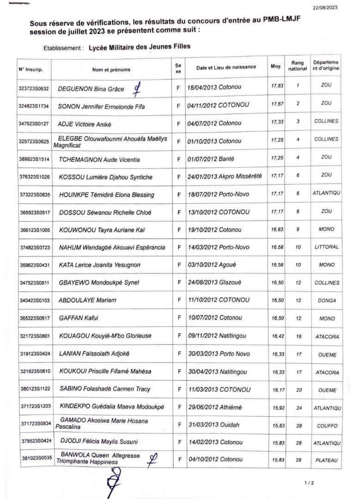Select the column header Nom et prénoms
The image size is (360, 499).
(x=111, y=70)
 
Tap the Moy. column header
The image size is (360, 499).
(x=276, y=67)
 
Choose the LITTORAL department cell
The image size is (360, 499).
(x=326, y=247)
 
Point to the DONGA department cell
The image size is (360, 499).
(x=327, y=300)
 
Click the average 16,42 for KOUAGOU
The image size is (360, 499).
(x=278, y=336)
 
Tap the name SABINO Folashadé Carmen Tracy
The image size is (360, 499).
(x=105, y=389)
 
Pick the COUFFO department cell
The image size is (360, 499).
(x=327, y=426)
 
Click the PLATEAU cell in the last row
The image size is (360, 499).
(x=327, y=460)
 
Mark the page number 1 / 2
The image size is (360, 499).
(x=309, y=483)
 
